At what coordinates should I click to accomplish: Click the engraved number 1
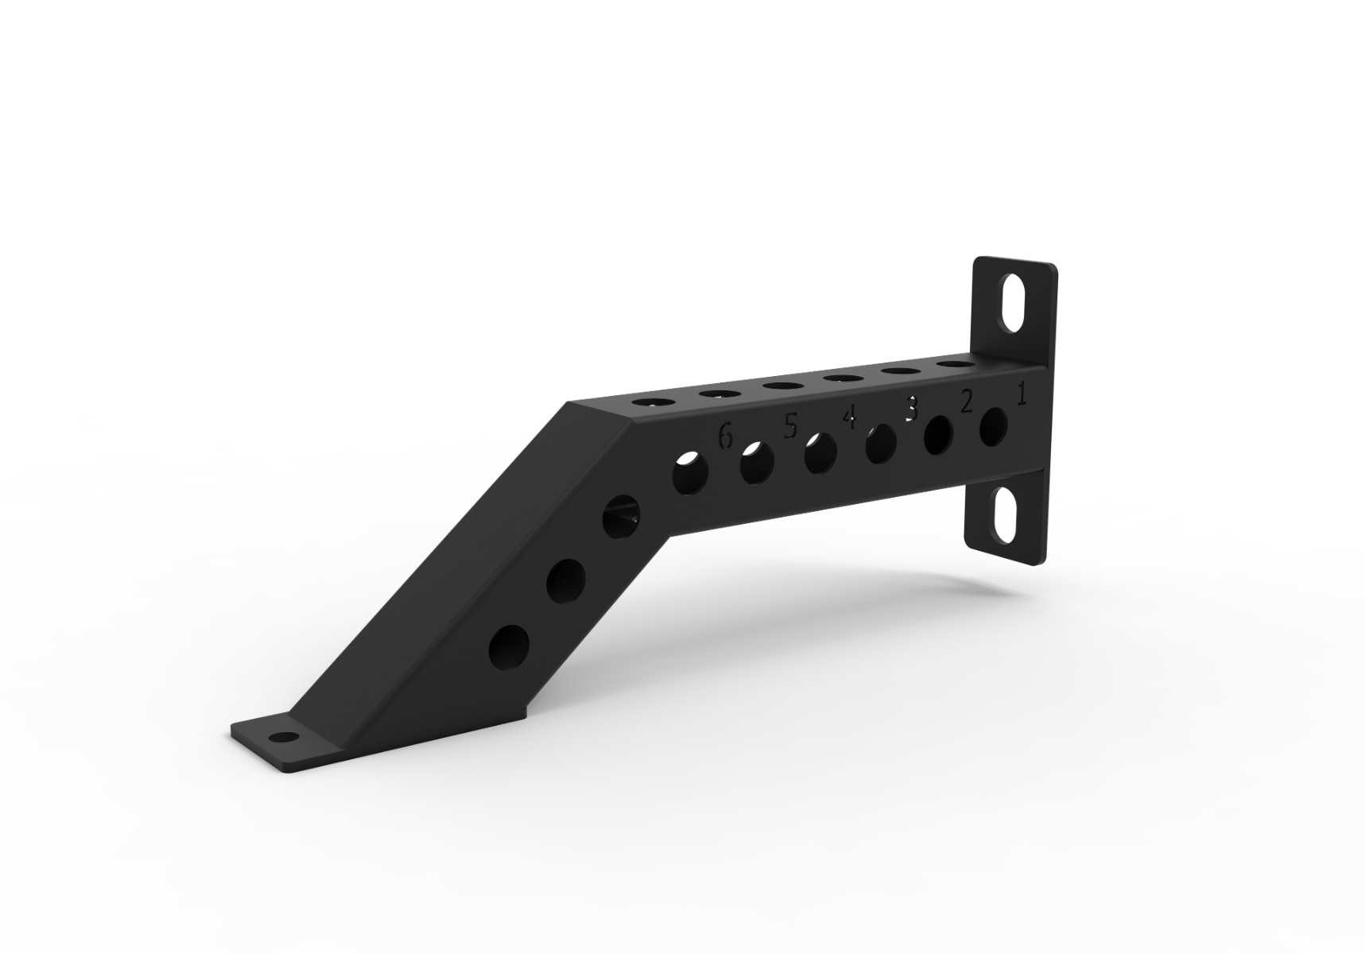tap(1022, 394)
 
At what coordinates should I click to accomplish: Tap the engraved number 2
tap(967, 402)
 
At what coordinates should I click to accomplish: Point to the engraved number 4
tap(850, 417)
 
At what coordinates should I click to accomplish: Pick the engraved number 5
tap(789, 427)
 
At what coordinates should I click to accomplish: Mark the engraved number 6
tap(724, 436)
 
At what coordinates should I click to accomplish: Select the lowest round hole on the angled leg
tap(510, 646)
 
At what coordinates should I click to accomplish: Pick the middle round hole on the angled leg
tap(566, 580)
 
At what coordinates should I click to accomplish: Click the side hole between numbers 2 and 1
tap(994, 427)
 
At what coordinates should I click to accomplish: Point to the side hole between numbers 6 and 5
tap(757, 463)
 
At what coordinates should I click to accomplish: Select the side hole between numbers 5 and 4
tap(820, 454)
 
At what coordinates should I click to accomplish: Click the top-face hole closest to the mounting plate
tap(956, 365)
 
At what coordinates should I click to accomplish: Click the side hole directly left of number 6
tap(690, 474)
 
